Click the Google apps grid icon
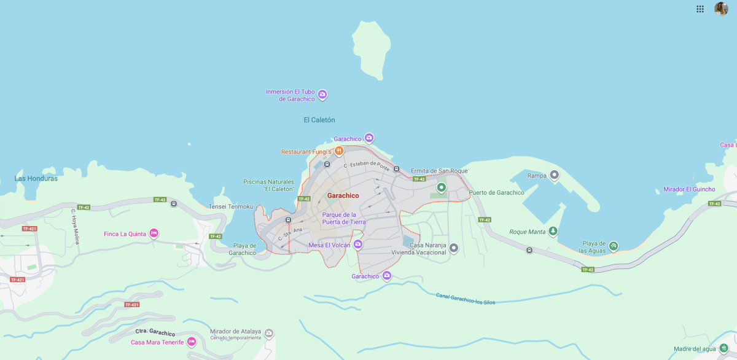[x=700, y=9]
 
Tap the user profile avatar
[x=721, y=9]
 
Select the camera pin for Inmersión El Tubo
[x=322, y=95]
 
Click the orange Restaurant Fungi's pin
[x=338, y=151]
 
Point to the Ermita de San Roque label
[x=439, y=171]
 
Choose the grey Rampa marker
[x=554, y=176]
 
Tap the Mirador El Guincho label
[x=689, y=189]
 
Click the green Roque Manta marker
[x=553, y=231]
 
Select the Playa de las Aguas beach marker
[x=613, y=246]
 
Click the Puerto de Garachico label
[x=496, y=193]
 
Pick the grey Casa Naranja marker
[x=454, y=248]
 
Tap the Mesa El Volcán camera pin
[x=357, y=245]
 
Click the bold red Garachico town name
[x=343, y=195]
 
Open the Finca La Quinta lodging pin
[x=154, y=233]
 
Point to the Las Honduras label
[x=36, y=179]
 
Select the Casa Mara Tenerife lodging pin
[x=192, y=342]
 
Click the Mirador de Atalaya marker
[x=268, y=333]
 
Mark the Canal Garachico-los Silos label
[x=465, y=299]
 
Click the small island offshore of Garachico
[x=372, y=49]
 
